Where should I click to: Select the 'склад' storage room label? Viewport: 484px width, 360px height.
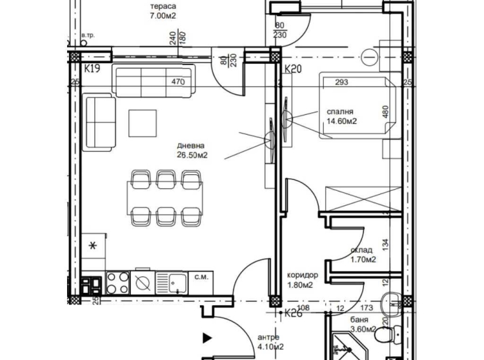coord(361,251)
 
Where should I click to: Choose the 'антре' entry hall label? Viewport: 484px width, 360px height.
coord(269,337)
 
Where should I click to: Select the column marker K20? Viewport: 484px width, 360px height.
coord(292,69)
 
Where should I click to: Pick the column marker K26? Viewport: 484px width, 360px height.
coord(293,312)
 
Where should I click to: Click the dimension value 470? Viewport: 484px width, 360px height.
coord(178,82)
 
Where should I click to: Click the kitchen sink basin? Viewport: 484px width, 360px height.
coord(176,280)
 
